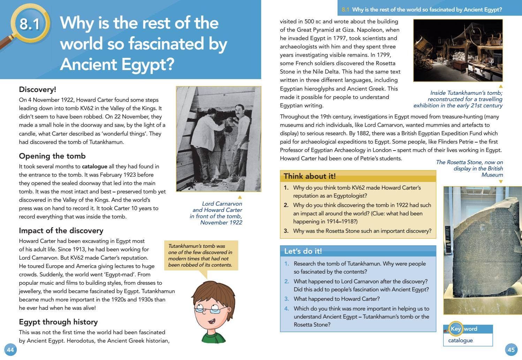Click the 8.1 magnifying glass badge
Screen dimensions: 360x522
[x=30, y=24]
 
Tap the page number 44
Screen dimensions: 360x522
[x=10, y=350]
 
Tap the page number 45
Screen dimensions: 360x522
[x=511, y=350]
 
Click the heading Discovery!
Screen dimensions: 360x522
[x=37, y=90]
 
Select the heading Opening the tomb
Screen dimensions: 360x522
[x=52, y=156]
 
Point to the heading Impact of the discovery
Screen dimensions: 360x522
[x=61, y=231]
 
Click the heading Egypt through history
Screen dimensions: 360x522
[x=58, y=322]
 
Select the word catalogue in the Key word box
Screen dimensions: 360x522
[x=460, y=340]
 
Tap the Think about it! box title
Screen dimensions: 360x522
[x=310, y=176]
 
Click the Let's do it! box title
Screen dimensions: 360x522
[x=303, y=251]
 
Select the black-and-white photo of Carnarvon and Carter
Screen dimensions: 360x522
[x=219, y=139]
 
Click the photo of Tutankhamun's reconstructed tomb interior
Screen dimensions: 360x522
[x=458, y=51]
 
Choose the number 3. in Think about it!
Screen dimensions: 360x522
[x=286, y=231]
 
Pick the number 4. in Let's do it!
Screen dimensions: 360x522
[x=287, y=309]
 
